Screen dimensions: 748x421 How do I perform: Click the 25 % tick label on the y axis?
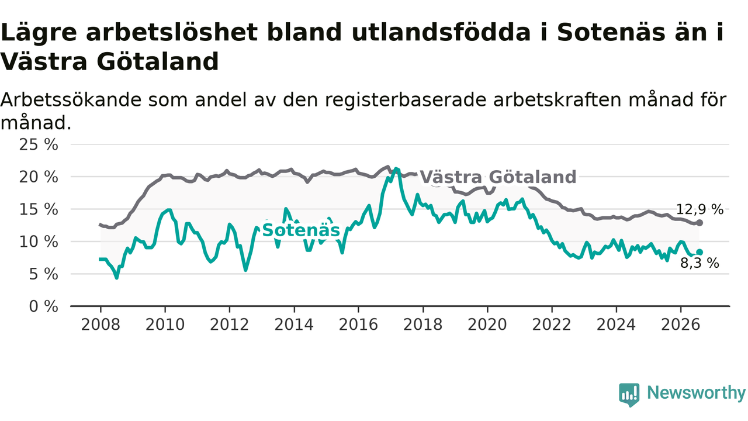pos(39,145)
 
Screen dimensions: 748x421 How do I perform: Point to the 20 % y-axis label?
pos(39,177)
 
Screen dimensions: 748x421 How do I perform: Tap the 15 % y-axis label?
pos(39,209)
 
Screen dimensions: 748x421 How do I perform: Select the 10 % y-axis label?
pos(39,242)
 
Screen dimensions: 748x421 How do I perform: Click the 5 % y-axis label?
pos(43,274)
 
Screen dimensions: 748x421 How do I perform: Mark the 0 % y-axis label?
pos(43,306)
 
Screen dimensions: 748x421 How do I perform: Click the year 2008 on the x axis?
pos(101,325)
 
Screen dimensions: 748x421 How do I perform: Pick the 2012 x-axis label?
pos(230,325)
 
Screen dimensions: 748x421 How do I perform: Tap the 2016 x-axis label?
pos(358,325)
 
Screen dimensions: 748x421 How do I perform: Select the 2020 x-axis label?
pos(487,325)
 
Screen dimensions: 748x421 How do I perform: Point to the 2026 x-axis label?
pos(681,325)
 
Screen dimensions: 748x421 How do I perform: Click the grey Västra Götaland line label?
pos(498,177)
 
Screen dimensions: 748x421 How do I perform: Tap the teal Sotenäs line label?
pos(301,230)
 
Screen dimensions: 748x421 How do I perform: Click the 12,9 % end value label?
pos(699,209)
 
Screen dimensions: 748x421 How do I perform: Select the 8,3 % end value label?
pos(699,263)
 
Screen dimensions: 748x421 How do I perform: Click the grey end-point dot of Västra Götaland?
pos(699,223)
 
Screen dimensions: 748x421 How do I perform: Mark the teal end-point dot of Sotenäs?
pos(699,252)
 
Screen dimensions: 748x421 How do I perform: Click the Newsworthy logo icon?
pos(629,395)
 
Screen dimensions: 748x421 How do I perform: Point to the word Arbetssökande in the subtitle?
pos(71,100)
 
